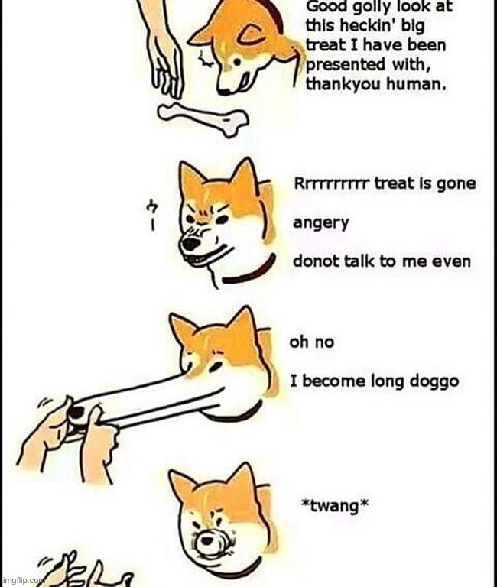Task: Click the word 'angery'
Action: pos(321,223)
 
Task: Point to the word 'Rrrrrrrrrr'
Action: pos(332,183)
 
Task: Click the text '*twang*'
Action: pos(335,506)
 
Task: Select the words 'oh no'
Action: pos(312,342)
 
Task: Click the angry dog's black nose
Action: pos(190,244)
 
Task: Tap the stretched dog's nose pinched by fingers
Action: pos(76,413)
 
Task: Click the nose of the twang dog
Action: pos(206,540)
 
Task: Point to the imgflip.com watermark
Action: pos(22,580)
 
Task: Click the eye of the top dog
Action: pos(238,62)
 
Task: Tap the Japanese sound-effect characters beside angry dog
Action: pos(152,216)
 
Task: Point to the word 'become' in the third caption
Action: pos(334,381)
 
